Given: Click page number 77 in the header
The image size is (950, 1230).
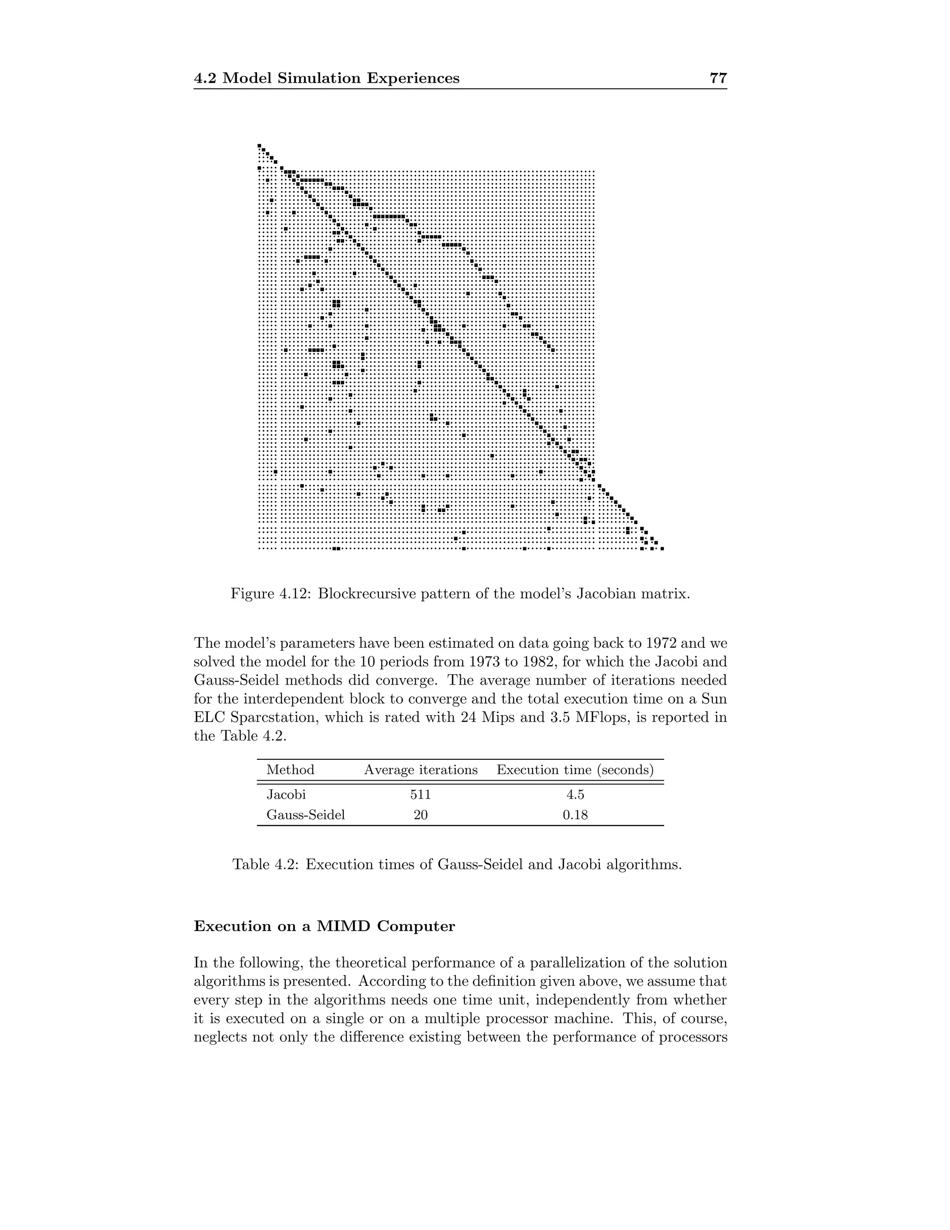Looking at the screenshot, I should [x=718, y=78].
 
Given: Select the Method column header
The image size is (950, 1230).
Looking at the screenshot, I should [x=290, y=770].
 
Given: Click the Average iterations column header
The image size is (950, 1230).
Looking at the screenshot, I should [x=420, y=770].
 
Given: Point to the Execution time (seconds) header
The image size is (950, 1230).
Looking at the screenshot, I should [x=575, y=770].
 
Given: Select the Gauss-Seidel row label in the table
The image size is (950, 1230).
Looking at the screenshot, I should [x=305, y=815].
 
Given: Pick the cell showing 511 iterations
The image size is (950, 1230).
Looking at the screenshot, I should [x=420, y=795].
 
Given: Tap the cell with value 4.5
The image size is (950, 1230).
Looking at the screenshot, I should [x=575, y=795].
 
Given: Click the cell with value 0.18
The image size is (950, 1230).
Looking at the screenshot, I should [x=575, y=815].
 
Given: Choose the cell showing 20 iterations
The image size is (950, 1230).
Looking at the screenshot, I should [x=420, y=815].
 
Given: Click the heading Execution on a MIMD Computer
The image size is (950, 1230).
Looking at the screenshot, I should [x=324, y=926].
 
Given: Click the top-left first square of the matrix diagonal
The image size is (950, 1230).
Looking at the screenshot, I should [x=259, y=145].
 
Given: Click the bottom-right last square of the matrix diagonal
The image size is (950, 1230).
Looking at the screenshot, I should [x=662, y=548].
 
